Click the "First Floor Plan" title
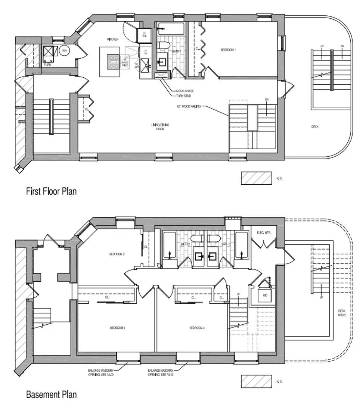51,191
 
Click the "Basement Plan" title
51,394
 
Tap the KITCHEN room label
113,39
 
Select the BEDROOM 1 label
228,50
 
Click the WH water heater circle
64,50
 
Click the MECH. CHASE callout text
185,91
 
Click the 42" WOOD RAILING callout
189,107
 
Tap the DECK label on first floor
315,127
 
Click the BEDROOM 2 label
117,254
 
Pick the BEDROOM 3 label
117,328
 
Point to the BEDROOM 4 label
197,328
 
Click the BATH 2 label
185,244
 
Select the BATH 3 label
226,244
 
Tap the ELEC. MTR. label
264,233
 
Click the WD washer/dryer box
265,295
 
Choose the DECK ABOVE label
342,313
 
